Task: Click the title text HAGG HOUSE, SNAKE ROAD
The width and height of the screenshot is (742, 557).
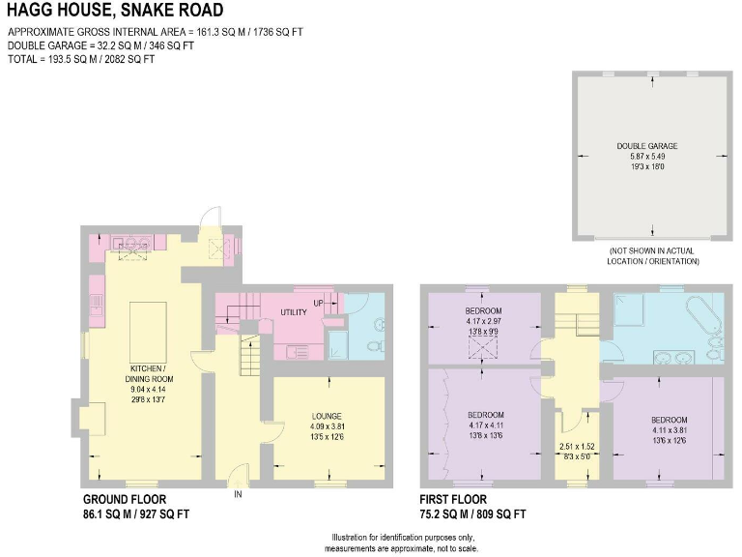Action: [x=115, y=12]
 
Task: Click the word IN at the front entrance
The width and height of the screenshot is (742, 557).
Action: [x=238, y=494]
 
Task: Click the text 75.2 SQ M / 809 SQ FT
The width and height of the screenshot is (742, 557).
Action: [x=473, y=514]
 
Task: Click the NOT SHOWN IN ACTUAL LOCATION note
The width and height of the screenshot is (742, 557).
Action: [x=654, y=256]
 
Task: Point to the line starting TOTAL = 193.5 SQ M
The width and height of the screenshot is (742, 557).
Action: [x=81, y=59]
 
